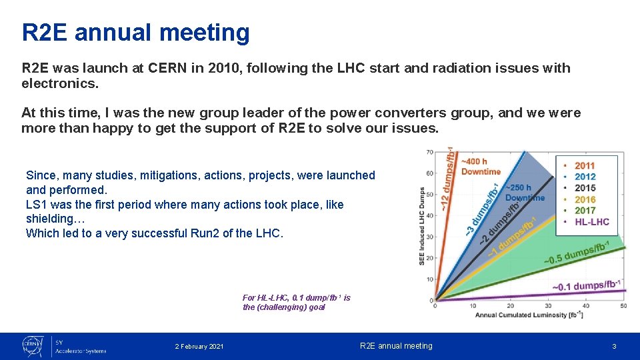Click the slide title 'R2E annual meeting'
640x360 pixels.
(136, 32)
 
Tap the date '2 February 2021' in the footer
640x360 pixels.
(199, 346)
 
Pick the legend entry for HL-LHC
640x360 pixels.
(591, 222)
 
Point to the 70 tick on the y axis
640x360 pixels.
(429, 153)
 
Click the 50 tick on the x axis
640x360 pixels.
(623, 306)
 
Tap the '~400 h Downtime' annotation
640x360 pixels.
(480, 167)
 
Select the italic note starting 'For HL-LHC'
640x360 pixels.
(296, 302)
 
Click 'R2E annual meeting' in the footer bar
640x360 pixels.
(396, 346)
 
